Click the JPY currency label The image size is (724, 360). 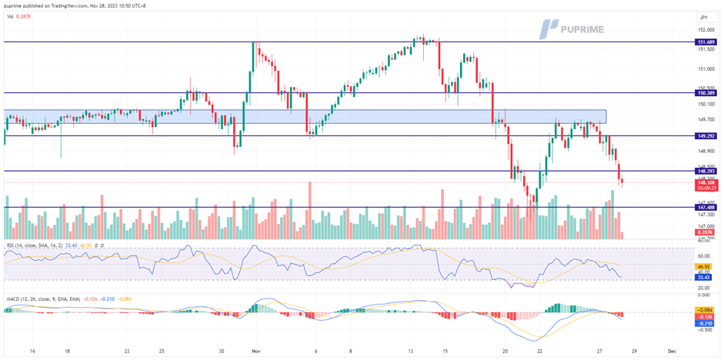pos(703,17)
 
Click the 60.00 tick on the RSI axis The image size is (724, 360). pos(703,256)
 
